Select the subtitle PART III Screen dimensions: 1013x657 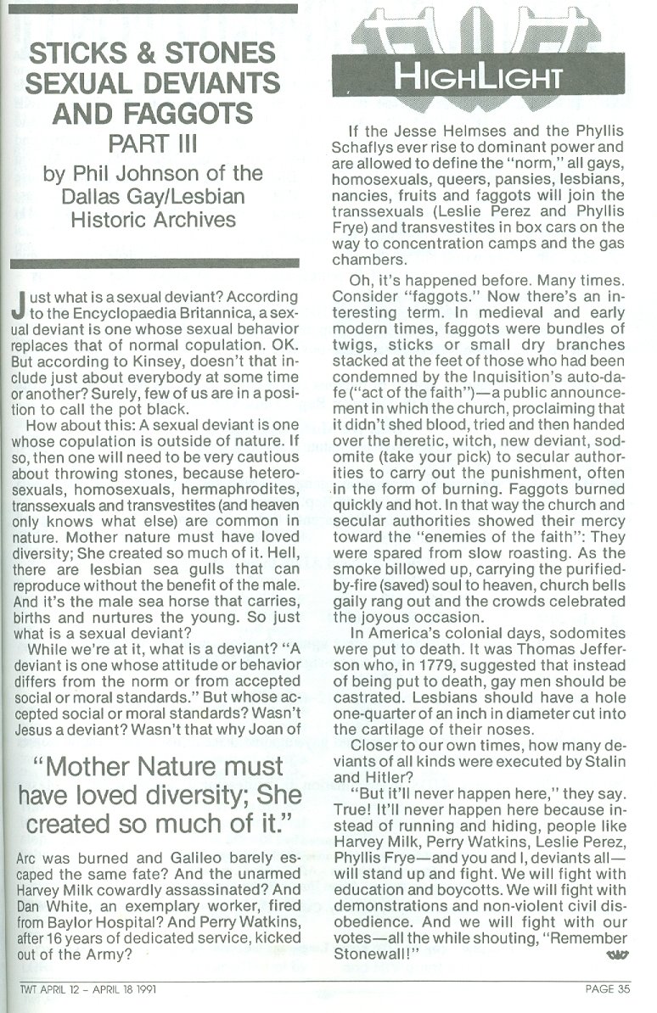[x=154, y=143]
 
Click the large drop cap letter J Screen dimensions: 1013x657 [x=20, y=305]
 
